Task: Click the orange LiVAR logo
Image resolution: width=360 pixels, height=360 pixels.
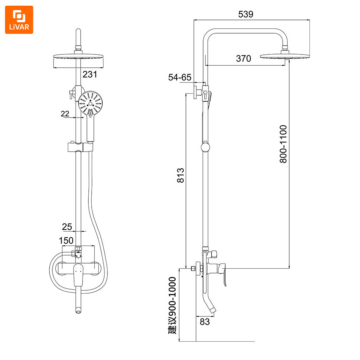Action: tap(19, 20)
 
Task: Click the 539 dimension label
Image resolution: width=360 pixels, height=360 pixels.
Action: tap(246, 14)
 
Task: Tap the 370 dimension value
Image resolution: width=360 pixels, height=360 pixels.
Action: tap(244, 59)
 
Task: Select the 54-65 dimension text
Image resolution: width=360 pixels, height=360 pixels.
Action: tap(180, 77)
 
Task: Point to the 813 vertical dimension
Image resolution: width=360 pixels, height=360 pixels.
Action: tap(181, 175)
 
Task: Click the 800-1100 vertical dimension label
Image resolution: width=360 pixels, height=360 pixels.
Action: tap(283, 144)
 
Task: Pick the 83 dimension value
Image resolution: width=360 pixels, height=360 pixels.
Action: tap(205, 322)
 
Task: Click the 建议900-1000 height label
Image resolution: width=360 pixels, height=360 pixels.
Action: tap(172, 305)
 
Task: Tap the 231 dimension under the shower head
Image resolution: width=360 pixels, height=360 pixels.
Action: tap(90, 74)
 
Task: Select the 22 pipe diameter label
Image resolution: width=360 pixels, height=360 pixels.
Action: tap(65, 114)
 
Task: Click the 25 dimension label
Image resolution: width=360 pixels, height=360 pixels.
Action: tap(67, 227)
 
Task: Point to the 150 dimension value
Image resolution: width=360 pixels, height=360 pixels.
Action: tap(66, 241)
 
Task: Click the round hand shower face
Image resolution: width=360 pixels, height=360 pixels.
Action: tap(90, 103)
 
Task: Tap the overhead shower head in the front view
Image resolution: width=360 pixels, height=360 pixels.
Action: tap(78, 56)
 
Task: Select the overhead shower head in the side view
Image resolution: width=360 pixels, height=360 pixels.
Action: tap(285, 56)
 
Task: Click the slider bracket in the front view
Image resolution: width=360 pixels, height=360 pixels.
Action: tap(80, 147)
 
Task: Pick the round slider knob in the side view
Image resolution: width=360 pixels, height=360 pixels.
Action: tap(205, 147)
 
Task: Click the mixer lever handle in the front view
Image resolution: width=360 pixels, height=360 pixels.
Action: tap(78, 275)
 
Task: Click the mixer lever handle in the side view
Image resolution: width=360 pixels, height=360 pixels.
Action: tap(223, 274)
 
